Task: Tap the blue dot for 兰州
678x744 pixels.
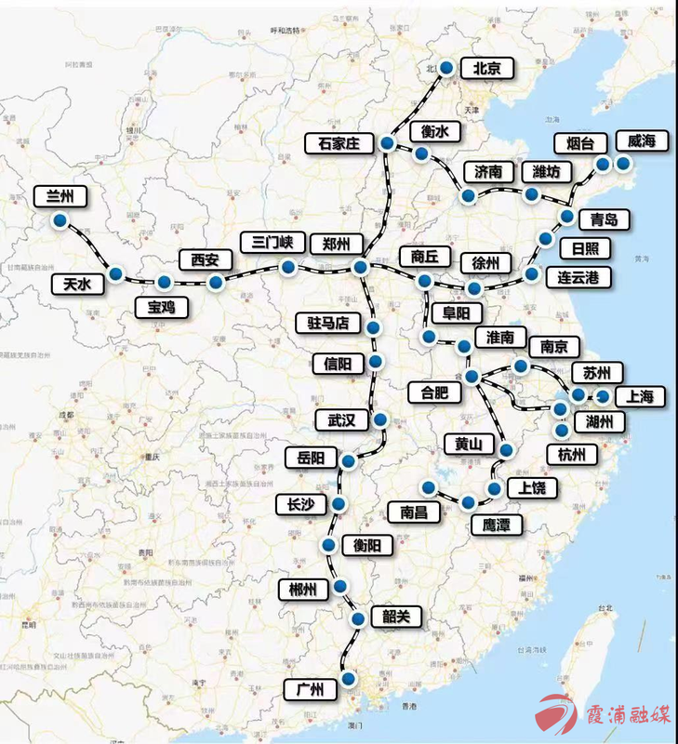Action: tap(60, 221)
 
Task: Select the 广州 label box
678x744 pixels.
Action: tap(309, 690)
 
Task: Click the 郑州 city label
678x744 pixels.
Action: tap(335, 244)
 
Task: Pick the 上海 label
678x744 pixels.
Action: tap(641, 397)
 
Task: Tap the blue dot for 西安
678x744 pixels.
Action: tap(216, 282)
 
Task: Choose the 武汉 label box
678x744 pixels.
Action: tap(335, 420)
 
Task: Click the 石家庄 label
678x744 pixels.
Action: tap(339, 143)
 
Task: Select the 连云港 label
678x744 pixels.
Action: tap(577, 276)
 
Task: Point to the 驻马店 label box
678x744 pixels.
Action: tap(327, 324)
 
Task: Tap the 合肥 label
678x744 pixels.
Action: tap(434, 392)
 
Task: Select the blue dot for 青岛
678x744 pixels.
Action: tap(567, 217)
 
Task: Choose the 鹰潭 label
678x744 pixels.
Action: tap(496, 525)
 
